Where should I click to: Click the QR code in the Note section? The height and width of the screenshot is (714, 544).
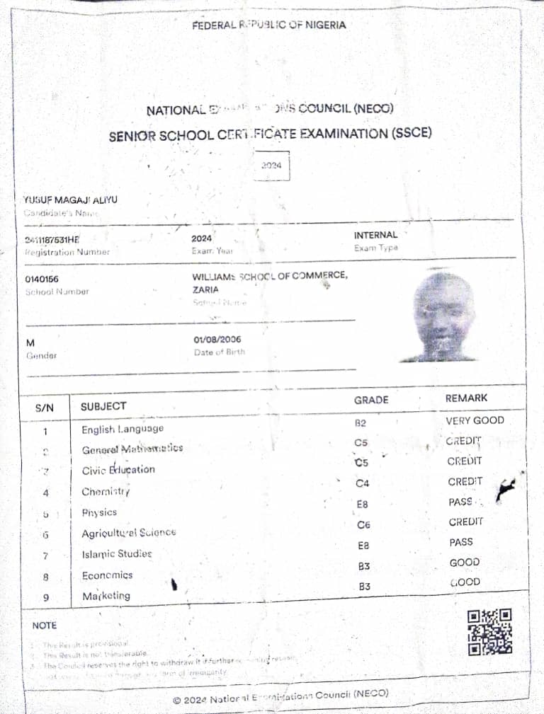pyautogui.click(x=489, y=631)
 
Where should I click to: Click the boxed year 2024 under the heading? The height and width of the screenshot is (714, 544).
pyautogui.click(x=271, y=166)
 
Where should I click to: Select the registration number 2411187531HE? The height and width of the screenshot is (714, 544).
pyautogui.click(x=52, y=239)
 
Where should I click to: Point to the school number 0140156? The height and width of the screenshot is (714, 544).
pyautogui.click(x=42, y=280)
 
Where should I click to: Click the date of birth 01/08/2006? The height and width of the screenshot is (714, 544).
pyautogui.click(x=217, y=340)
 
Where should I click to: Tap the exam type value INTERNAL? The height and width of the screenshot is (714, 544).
pyautogui.click(x=375, y=235)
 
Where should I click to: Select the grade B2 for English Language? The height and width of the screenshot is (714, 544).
pyautogui.click(x=360, y=423)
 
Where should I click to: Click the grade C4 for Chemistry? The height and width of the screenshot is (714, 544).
pyautogui.click(x=362, y=484)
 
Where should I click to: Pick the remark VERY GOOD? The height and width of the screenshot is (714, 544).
pyautogui.click(x=475, y=420)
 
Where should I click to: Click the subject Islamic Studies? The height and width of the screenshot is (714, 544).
pyautogui.click(x=117, y=554)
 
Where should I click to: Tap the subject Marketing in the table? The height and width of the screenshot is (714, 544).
pyautogui.click(x=106, y=596)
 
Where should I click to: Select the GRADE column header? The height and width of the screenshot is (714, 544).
pyautogui.click(x=371, y=400)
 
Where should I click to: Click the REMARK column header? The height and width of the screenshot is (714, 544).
pyautogui.click(x=466, y=398)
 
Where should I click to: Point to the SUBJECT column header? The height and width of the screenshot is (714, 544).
pyautogui.click(x=103, y=406)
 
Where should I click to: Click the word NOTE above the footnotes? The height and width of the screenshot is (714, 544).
pyautogui.click(x=44, y=626)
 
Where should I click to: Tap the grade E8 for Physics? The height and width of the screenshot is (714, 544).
pyautogui.click(x=363, y=505)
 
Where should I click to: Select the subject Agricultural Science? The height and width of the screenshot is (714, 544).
pyautogui.click(x=129, y=533)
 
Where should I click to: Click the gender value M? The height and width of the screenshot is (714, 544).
pyautogui.click(x=30, y=342)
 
